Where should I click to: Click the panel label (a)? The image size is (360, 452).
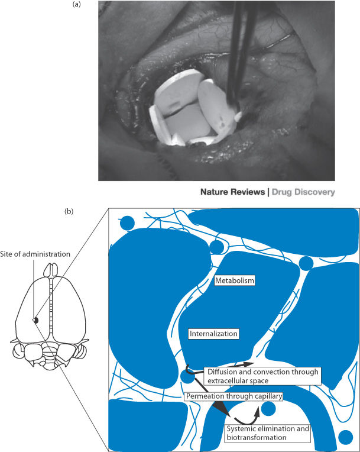click(x=77, y=4)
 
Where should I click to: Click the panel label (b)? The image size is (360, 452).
click(x=69, y=211)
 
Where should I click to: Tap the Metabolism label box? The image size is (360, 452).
click(x=235, y=280)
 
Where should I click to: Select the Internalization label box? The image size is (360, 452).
click(x=213, y=334)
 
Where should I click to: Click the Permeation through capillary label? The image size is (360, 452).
click(x=234, y=396)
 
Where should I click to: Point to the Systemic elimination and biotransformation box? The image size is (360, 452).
click(x=268, y=433)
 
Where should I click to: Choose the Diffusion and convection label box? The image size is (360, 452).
click(x=263, y=376)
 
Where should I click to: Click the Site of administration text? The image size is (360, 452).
click(x=35, y=254)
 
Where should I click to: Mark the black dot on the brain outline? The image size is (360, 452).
click(x=35, y=320)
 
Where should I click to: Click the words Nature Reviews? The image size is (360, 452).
click(x=232, y=192)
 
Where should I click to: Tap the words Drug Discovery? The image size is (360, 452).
click(x=303, y=192)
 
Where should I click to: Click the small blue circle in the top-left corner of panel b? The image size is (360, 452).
click(x=127, y=223)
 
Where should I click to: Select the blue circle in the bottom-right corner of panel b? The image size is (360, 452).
click(x=346, y=437)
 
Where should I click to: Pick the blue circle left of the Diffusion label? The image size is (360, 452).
click(x=188, y=376)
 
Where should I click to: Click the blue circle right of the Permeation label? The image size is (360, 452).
click(x=268, y=408)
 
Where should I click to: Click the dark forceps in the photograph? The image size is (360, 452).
click(x=239, y=52)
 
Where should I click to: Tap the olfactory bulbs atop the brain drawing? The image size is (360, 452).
click(x=51, y=270)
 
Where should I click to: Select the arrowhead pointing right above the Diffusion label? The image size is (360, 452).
click(x=248, y=364)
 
